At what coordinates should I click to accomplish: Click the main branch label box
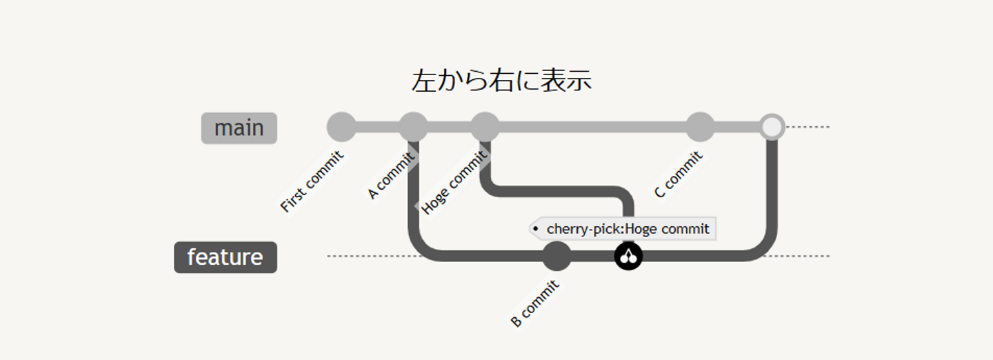[x=239, y=128]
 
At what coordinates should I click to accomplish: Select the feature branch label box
[x=225, y=257]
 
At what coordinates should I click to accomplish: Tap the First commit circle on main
[x=341, y=127]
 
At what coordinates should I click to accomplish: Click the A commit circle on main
[x=413, y=127]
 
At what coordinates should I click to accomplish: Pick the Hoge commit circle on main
[x=485, y=127]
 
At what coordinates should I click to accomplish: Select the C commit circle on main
[x=700, y=127]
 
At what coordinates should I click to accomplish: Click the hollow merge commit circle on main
[x=772, y=127]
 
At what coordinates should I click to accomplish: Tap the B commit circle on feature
[x=556, y=257]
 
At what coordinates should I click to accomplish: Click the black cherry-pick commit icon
[x=628, y=257]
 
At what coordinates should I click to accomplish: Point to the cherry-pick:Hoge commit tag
[x=624, y=228]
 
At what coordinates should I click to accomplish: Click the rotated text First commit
[x=312, y=181]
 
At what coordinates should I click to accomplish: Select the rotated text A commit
[x=390, y=176]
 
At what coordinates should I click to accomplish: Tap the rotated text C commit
[x=679, y=175]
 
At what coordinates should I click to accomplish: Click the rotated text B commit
[x=534, y=304]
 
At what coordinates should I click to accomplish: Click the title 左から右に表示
[x=501, y=81]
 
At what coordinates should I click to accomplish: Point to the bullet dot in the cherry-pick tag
[x=536, y=228]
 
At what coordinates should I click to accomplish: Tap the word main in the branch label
[x=239, y=128]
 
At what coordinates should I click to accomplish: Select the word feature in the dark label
[x=225, y=257]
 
